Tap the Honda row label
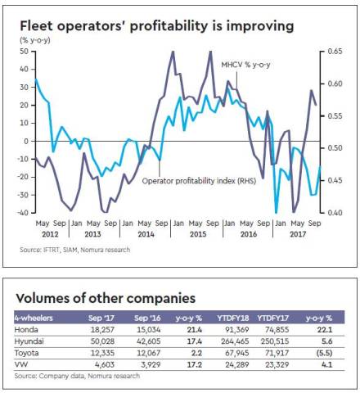pyautogui.click(x=26, y=328)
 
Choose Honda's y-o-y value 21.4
pyautogui.click(x=193, y=328)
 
